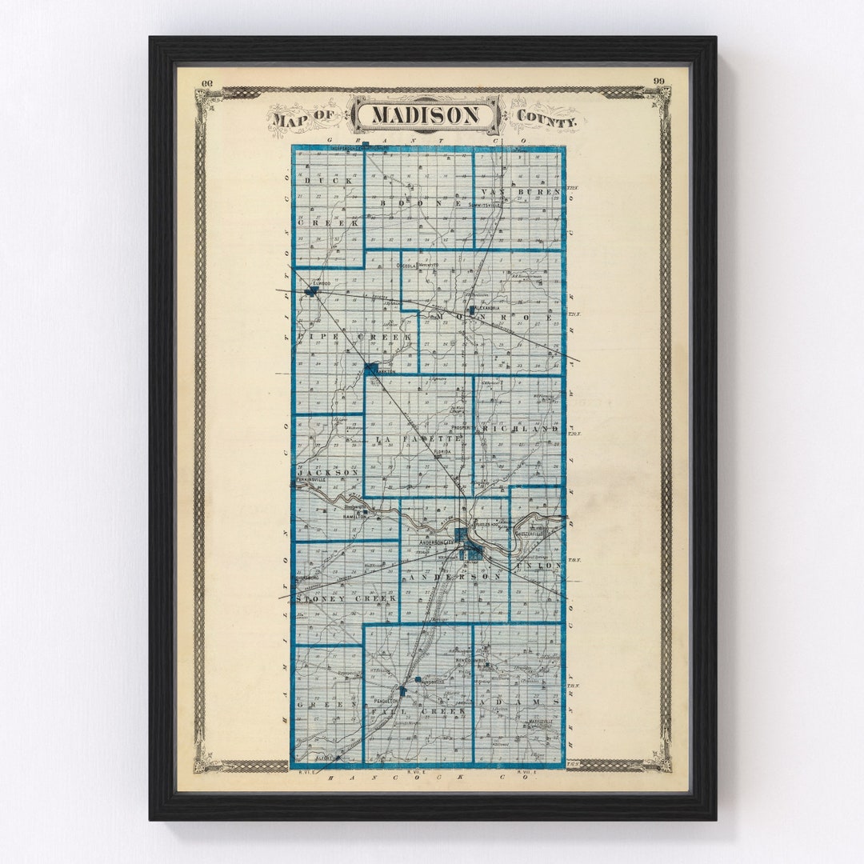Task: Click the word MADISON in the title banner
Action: pyautogui.click(x=426, y=116)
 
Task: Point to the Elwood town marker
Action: pyautogui.click(x=311, y=290)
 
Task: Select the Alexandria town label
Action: pyautogui.click(x=485, y=308)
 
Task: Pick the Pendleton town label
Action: pyautogui.click(x=388, y=700)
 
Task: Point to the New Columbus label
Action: pyautogui.click(x=470, y=660)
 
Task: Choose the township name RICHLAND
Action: pyautogui.click(x=520, y=430)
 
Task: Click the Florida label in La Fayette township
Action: pyautogui.click(x=442, y=452)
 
